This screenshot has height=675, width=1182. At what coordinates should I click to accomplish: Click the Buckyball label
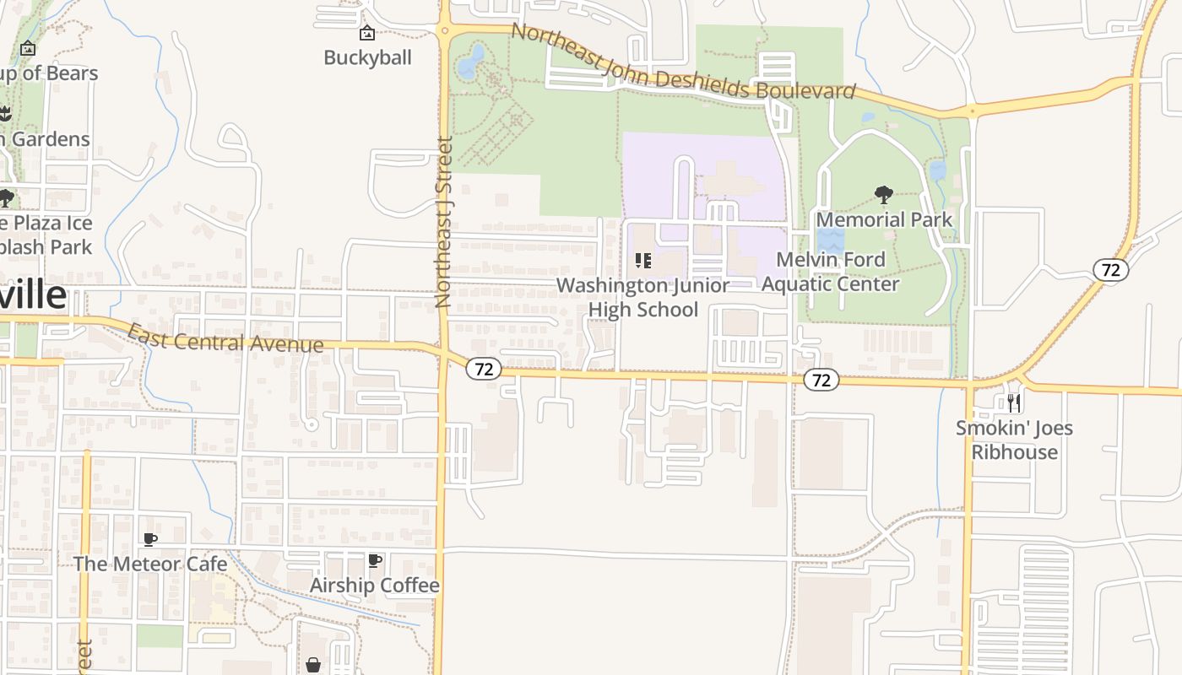pyautogui.click(x=367, y=57)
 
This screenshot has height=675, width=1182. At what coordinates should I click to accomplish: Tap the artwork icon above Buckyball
pyautogui.click(x=367, y=34)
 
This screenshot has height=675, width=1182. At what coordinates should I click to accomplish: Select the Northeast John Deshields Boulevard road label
pyautogui.click(x=684, y=62)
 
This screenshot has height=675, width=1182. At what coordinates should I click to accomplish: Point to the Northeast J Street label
pyautogui.click(x=444, y=222)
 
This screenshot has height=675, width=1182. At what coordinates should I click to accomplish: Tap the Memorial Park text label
pyautogui.click(x=884, y=219)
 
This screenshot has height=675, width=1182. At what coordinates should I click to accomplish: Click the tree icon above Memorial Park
pyautogui.click(x=884, y=196)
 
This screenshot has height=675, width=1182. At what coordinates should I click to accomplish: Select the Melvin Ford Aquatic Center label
pyautogui.click(x=831, y=272)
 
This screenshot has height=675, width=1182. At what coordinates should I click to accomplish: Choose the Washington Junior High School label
pyautogui.click(x=643, y=297)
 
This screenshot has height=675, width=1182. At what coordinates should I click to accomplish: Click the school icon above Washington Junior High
pyautogui.click(x=643, y=261)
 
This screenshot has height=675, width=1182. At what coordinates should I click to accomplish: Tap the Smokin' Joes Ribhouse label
pyautogui.click(x=1014, y=440)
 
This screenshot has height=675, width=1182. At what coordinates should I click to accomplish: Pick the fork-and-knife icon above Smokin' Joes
pyautogui.click(x=1014, y=402)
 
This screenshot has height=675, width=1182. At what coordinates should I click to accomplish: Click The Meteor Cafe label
pyautogui.click(x=150, y=564)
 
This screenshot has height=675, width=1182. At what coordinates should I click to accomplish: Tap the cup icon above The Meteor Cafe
pyautogui.click(x=150, y=539)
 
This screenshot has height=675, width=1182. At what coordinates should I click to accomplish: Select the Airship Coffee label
pyautogui.click(x=375, y=585)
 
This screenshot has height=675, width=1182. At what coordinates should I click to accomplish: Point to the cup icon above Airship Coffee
pyautogui.click(x=375, y=560)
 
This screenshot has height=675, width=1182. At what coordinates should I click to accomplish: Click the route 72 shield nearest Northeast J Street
pyautogui.click(x=484, y=369)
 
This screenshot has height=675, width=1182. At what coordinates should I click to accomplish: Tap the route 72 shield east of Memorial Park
pyautogui.click(x=1110, y=270)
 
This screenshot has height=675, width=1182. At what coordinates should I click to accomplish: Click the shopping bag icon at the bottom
pyautogui.click(x=313, y=665)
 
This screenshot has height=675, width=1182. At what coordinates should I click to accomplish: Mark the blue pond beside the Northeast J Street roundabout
pyautogui.click(x=471, y=61)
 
